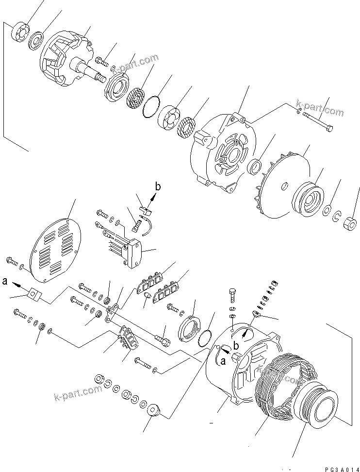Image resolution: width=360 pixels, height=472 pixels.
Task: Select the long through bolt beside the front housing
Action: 318,121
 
